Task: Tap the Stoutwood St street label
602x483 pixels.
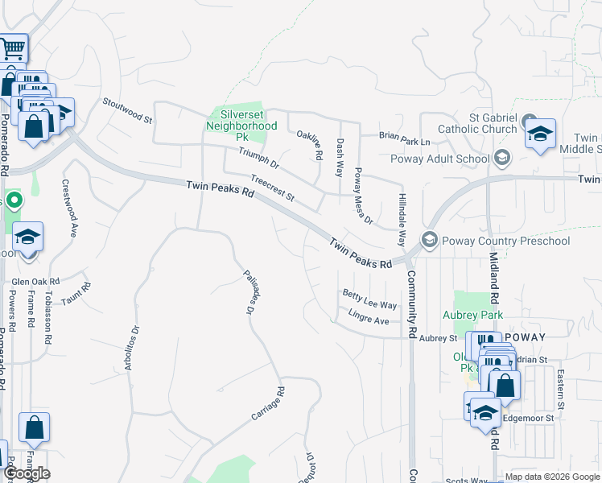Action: tap(127, 111)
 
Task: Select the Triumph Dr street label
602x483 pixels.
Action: tap(258, 159)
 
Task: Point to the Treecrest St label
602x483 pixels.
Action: tap(273, 190)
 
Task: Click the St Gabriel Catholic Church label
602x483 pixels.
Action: tap(477, 123)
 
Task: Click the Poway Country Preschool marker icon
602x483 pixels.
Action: tap(430, 240)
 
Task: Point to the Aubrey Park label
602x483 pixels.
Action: tap(472, 316)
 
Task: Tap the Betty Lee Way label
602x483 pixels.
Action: tap(369, 299)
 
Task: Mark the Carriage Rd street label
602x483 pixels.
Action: tap(268, 404)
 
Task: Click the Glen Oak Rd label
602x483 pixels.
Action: tap(35, 282)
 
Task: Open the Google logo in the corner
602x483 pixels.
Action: tap(27, 473)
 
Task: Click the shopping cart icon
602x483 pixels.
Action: tap(12, 49)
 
